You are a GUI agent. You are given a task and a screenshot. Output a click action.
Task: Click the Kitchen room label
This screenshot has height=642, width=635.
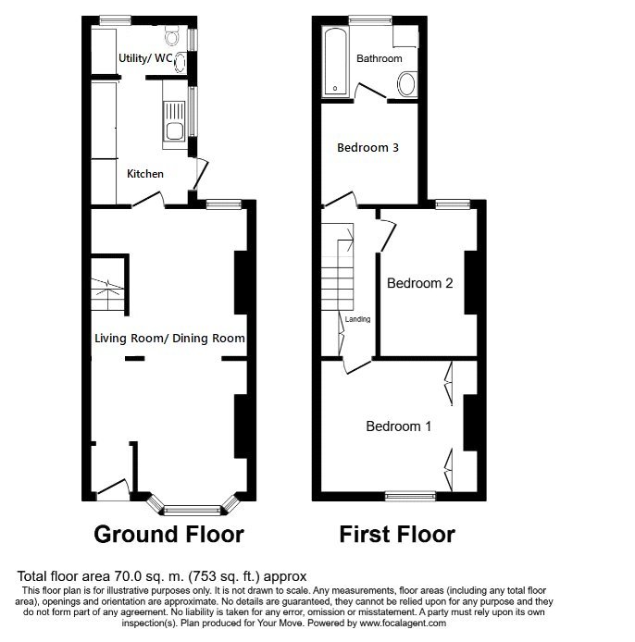tap(145, 174)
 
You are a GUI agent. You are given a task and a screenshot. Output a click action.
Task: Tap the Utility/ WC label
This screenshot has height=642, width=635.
tap(145, 58)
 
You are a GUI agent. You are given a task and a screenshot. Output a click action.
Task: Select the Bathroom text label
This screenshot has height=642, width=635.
tap(380, 58)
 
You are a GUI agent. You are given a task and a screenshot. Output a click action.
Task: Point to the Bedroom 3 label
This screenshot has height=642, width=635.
tap(367, 147)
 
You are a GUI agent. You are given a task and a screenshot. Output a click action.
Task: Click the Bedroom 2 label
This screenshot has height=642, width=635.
tap(419, 283)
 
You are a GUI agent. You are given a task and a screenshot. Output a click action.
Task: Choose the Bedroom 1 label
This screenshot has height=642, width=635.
tap(399, 426)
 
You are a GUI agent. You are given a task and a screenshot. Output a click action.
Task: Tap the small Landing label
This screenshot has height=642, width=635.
tap(357, 320)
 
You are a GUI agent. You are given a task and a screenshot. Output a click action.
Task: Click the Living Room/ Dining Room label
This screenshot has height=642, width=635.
tap(169, 339)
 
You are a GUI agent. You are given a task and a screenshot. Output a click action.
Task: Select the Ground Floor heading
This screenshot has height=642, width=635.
tap(169, 535)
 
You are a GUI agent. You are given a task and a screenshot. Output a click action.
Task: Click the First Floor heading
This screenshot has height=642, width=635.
tap(397, 535)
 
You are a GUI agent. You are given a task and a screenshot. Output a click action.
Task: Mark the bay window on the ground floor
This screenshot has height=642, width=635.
tap(193, 507)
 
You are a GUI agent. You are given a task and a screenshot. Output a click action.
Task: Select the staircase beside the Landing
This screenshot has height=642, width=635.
tap(339, 267)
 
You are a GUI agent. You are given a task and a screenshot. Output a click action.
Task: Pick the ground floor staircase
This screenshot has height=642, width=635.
tap(108, 286)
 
